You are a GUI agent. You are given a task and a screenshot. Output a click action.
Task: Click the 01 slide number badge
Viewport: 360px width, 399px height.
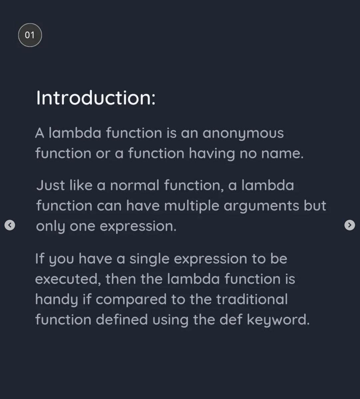click(30, 35)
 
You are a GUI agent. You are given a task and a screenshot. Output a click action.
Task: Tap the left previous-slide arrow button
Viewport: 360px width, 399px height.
click(10, 225)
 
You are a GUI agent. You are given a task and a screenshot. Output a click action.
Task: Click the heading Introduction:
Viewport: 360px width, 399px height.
click(96, 98)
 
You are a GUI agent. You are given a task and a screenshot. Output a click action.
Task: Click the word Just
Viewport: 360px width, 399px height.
click(51, 185)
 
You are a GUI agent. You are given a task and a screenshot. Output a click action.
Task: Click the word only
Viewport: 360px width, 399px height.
click(50, 226)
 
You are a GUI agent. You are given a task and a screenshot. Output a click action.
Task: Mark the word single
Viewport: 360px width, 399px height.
click(149, 259)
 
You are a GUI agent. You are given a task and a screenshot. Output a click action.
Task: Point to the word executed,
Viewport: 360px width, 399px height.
click(68, 279)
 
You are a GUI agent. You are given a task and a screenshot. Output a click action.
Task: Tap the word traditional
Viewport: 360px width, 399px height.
click(252, 299)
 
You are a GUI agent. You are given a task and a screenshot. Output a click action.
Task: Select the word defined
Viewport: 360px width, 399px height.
click(121, 320)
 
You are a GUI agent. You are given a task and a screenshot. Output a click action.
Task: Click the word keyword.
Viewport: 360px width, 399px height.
click(278, 320)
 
